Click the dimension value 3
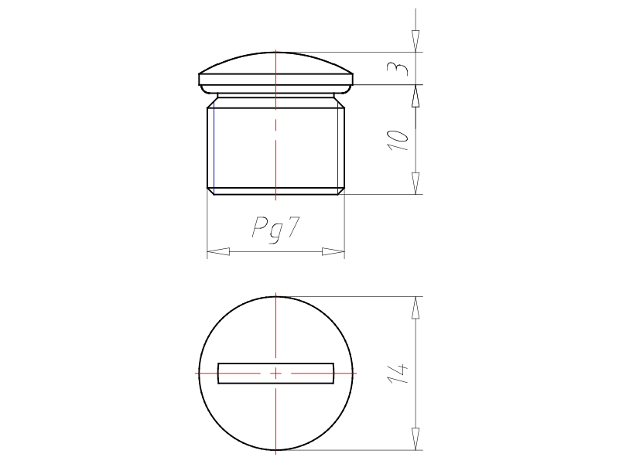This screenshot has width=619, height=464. click(x=398, y=69)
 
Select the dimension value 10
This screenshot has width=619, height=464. click(x=398, y=140)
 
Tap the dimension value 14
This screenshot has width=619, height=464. click(x=398, y=374)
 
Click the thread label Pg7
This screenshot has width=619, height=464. click(x=276, y=229)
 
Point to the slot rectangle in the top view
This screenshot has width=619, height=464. click(x=276, y=374)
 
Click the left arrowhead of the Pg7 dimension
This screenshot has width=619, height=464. click(x=218, y=251)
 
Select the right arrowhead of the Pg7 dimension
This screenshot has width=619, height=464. click(x=333, y=251)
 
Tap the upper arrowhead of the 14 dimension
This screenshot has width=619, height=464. click(x=416, y=307)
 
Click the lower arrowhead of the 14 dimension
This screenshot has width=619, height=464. click(x=416, y=438)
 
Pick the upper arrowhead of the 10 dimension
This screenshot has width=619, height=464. click(x=416, y=96)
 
